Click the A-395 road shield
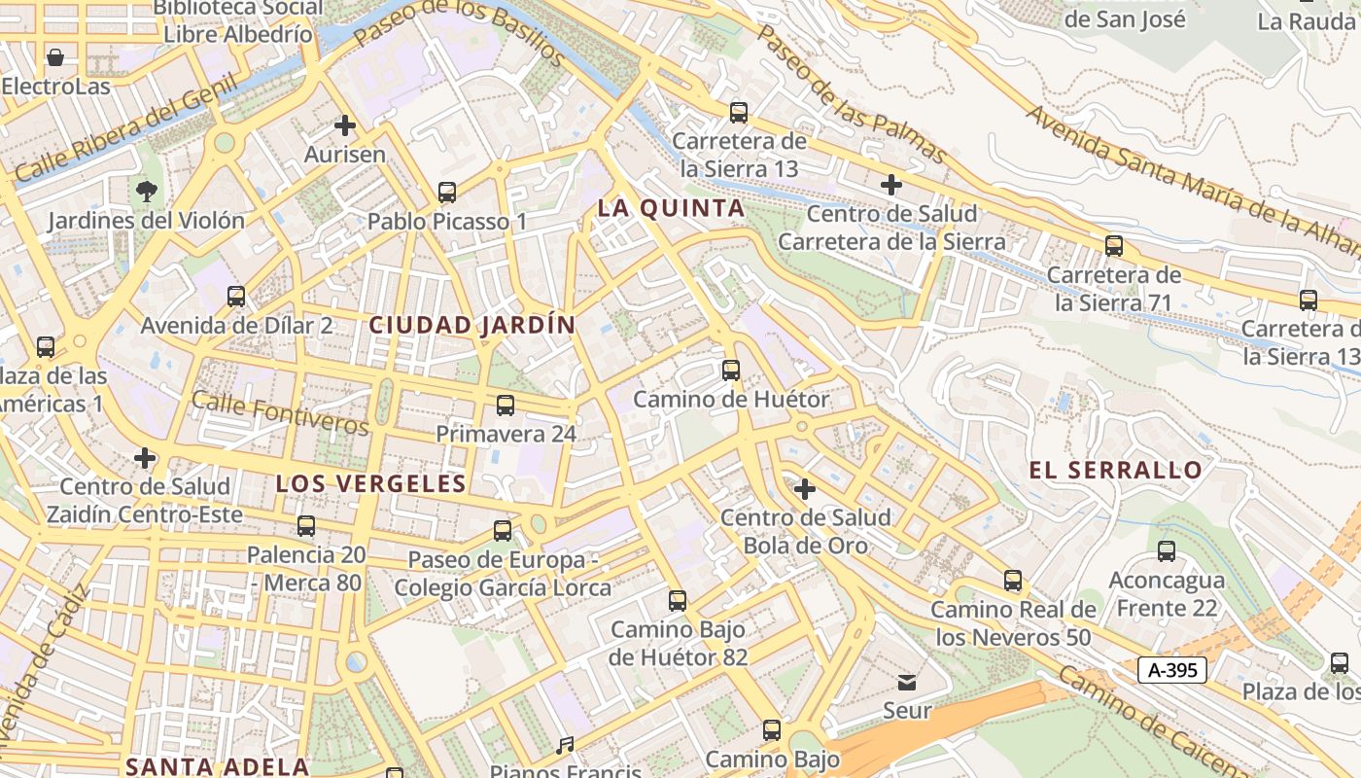(x=1171, y=669)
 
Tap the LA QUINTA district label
(x=671, y=208)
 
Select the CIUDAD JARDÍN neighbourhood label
(x=472, y=325)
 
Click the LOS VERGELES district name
(x=371, y=483)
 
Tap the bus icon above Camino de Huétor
(x=731, y=371)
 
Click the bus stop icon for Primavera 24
(x=506, y=406)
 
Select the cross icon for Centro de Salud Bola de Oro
(x=804, y=489)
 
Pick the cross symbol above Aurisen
(x=345, y=125)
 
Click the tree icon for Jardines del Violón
(x=147, y=191)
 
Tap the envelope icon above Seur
(x=907, y=682)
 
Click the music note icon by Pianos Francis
(x=565, y=746)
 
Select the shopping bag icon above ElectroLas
(x=55, y=57)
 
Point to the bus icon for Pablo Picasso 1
(x=447, y=193)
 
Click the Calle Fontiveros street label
(x=280, y=413)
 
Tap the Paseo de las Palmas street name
(x=851, y=93)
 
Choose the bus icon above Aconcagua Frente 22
(x=1167, y=551)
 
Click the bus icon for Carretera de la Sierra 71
(x=1114, y=246)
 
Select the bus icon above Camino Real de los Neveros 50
(x=1013, y=581)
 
